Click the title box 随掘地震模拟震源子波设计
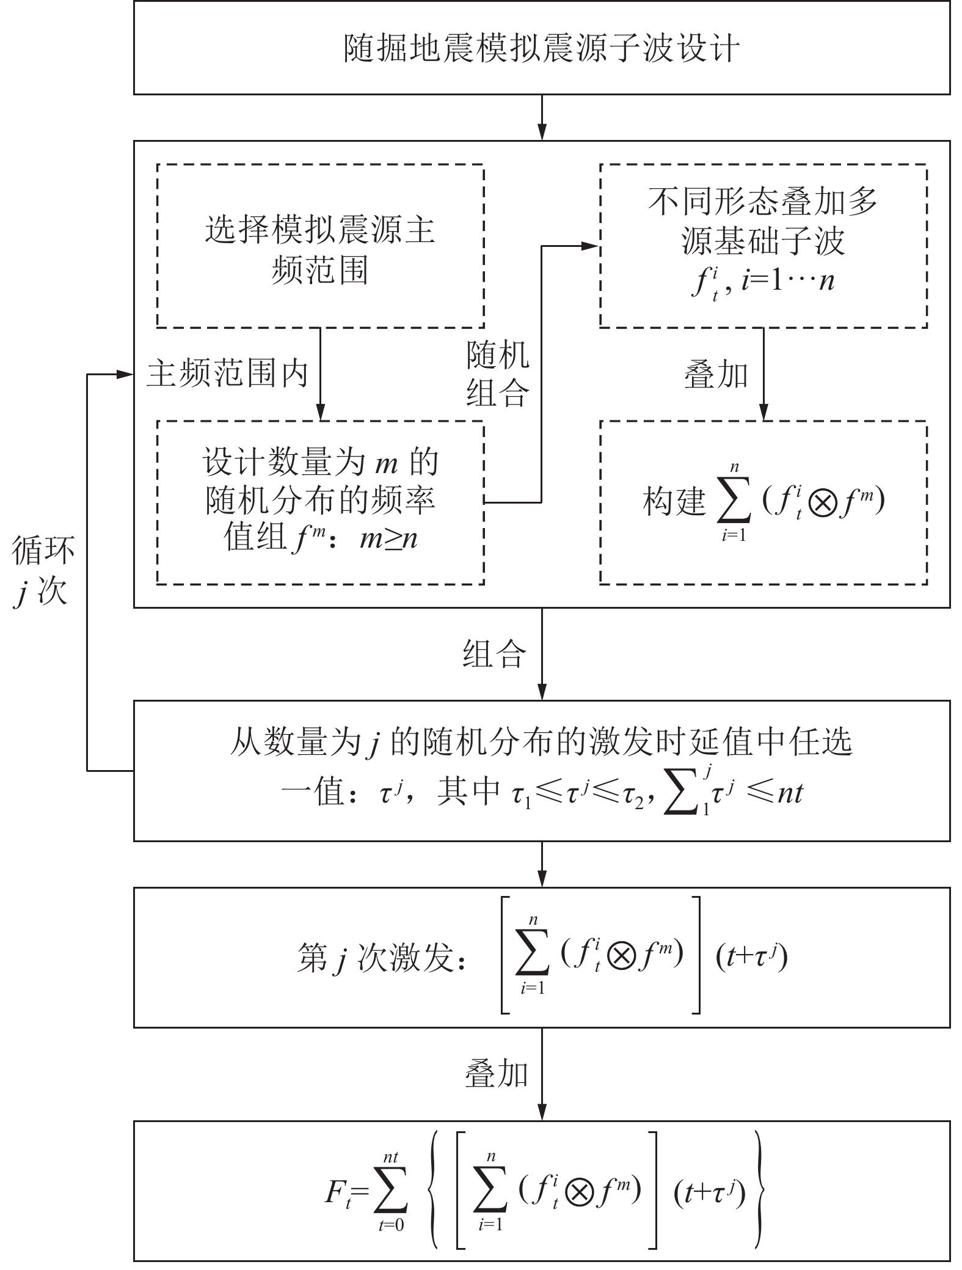(541, 48)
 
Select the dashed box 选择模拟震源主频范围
(320, 246)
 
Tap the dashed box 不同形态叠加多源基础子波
(763, 246)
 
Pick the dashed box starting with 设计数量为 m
(320, 502)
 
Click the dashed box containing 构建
(763, 502)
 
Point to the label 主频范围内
(227, 373)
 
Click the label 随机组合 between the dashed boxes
(498, 373)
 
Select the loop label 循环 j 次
(43, 571)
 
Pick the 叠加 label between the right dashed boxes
(716, 375)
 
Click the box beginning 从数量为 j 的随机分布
(541, 770)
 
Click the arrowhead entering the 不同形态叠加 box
(591, 246)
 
